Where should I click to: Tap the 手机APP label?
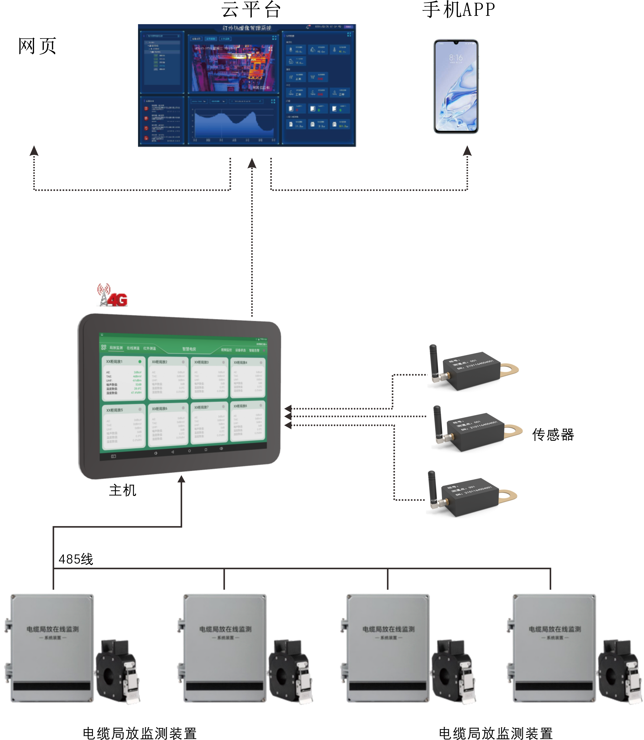tap(459, 10)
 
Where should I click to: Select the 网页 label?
tap(37, 46)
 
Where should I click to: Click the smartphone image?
tap(456, 86)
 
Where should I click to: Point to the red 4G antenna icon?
tap(112, 296)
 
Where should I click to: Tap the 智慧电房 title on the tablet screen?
tap(189, 349)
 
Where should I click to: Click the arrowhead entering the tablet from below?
tap(182, 479)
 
